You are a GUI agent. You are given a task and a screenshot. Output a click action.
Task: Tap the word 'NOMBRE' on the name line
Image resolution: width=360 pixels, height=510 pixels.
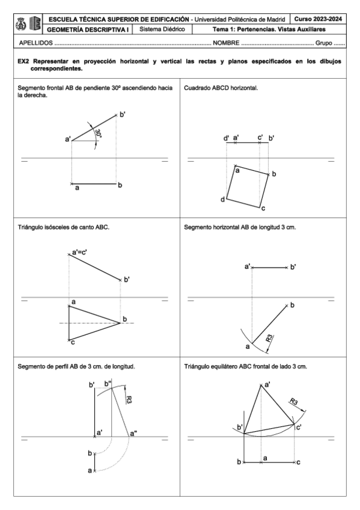pos(225,44)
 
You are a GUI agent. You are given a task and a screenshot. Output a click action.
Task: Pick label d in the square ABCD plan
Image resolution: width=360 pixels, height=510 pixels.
pos(223,198)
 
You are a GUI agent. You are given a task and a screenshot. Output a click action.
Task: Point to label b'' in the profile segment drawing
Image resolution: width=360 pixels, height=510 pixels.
pos(108,383)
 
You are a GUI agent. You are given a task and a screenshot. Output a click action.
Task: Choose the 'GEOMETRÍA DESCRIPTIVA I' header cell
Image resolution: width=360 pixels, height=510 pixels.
pos(82,28)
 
